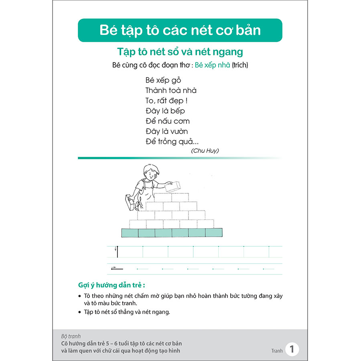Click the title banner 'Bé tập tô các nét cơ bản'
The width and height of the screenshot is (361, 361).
pyautogui.click(x=180, y=30)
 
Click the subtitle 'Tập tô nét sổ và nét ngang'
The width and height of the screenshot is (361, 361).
pyautogui.click(x=180, y=52)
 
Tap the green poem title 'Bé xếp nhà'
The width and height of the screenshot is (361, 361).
pyautogui.click(x=212, y=65)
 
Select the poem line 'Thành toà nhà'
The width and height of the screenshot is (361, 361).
pyautogui.click(x=171, y=90)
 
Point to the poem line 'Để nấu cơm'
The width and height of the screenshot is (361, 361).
pyautogui.click(x=168, y=121)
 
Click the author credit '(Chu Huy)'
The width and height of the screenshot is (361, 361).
pyautogui.click(x=205, y=150)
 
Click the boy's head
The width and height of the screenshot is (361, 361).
pyautogui.click(x=150, y=172)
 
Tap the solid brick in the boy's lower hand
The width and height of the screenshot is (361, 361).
pyautogui.click(x=130, y=202)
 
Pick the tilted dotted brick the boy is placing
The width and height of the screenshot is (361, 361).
pyautogui.click(x=173, y=187)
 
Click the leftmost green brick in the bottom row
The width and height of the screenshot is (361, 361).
pyautogui.click(x=130, y=233)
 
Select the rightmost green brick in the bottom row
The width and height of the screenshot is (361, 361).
pyautogui.click(x=214, y=233)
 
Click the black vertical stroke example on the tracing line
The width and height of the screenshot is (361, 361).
pyautogui.click(x=118, y=252)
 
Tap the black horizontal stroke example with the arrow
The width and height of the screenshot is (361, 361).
pyautogui.click(x=117, y=268)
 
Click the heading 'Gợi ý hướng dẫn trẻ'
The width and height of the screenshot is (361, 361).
pyautogui.click(x=112, y=286)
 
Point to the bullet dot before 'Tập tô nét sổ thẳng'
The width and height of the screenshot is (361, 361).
pyautogui.click(x=80, y=312)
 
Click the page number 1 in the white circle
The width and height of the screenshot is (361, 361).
pyautogui.click(x=292, y=349)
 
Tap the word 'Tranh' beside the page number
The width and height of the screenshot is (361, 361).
pyautogui.click(x=277, y=351)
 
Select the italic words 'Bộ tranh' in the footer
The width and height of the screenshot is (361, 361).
pyautogui.click(x=71, y=337)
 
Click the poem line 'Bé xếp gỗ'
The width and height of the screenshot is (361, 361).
pyautogui.click(x=163, y=80)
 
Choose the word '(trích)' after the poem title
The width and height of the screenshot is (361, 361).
pyautogui.click(x=240, y=65)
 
